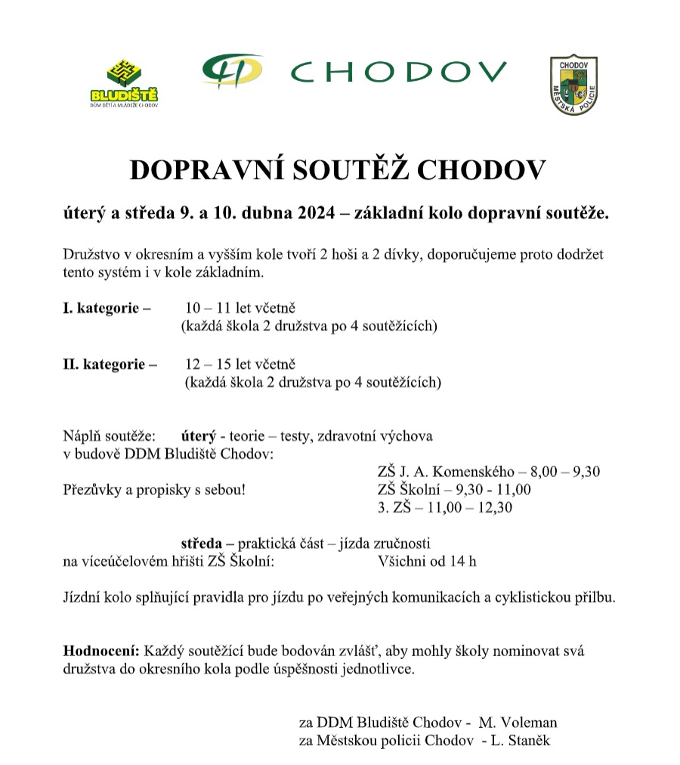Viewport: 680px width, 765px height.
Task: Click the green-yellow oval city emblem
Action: tap(232, 70)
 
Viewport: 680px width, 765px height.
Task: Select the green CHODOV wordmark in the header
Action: tap(398, 72)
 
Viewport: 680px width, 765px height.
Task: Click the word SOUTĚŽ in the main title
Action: tap(351, 171)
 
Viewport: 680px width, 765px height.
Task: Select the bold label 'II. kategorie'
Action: tap(109, 364)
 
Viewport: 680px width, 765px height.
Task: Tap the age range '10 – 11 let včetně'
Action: tap(240, 308)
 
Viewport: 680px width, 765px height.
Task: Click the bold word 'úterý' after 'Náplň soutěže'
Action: tap(198, 436)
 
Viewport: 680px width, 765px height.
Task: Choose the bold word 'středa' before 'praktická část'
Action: tap(202, 543)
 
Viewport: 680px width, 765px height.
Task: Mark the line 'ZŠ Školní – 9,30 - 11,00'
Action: tap(453, 490)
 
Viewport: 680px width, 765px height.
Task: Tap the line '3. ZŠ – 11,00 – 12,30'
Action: tap(444, 508)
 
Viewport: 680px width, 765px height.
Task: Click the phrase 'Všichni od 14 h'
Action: tap(426, 561)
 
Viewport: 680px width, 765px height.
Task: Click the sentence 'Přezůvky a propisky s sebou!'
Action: tap(154, 490)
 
